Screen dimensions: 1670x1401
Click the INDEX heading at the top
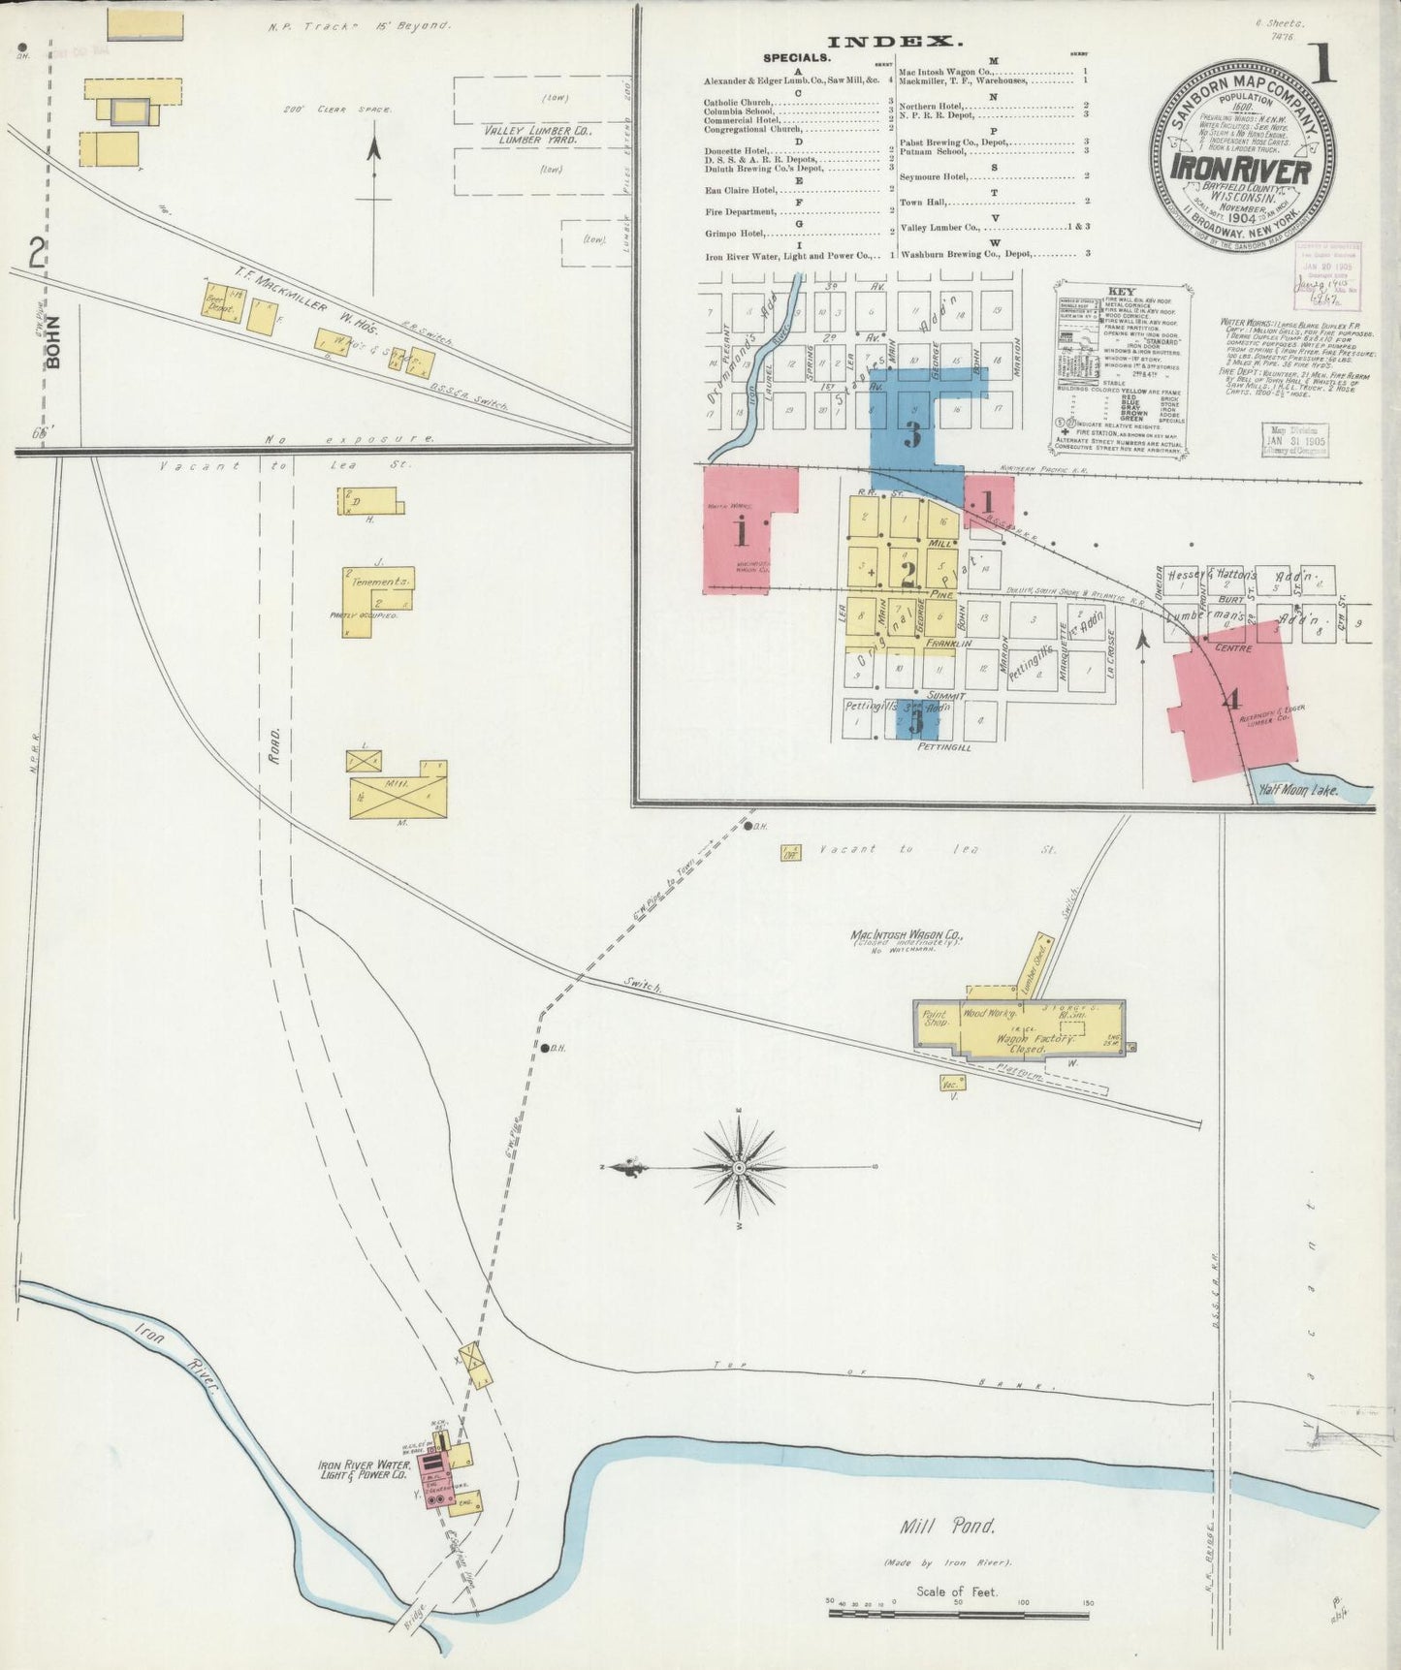pos(894,42)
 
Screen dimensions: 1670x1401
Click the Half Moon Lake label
pos(1298,790)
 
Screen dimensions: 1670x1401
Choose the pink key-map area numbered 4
pos(1231,700)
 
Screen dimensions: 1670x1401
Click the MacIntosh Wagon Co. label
pos(907,937)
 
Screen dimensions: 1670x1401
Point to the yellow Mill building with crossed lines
pos(399,789)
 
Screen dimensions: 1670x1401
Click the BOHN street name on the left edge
pos(53,341)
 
